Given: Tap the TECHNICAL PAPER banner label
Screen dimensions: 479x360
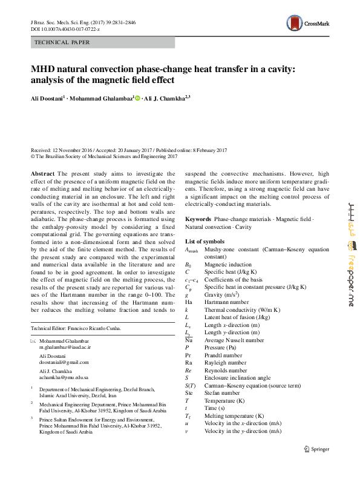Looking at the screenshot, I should click(x=63, y=42).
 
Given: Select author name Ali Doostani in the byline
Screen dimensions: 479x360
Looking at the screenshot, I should click(x=47, y=98).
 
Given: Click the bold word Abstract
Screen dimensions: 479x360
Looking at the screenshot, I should click(x=42, y=173).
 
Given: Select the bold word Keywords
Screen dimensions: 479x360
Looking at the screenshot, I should click(x=198, y=218).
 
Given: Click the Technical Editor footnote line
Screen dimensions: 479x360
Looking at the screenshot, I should click(x=76, y=328).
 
